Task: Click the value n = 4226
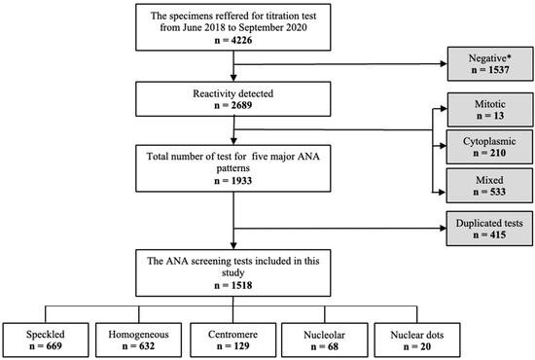(231, 49)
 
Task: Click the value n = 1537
(484, 72)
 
